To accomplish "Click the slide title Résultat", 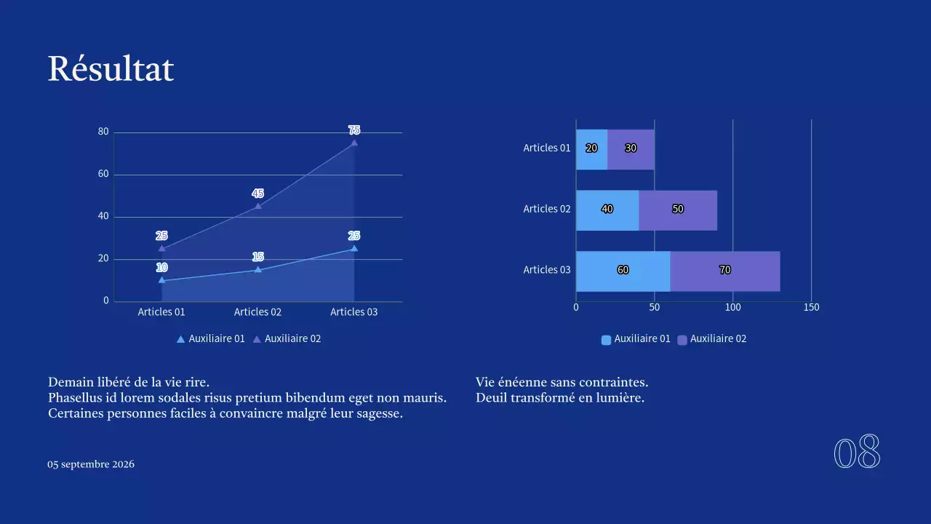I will click(111, 69).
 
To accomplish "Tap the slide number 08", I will click(857, 453).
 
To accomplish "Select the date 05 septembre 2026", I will click(91, 464).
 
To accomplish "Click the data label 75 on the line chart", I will click(354, 130).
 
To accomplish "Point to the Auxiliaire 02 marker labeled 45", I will click(257, 206).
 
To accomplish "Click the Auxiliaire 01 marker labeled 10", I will click(161, 280).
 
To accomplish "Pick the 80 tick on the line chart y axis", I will click(103, 132).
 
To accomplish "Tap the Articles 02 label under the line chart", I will click(257, 311).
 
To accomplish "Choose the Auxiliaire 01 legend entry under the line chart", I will click(210, 338).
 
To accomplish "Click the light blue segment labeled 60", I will click(623, 271).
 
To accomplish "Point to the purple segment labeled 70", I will click(724, 271).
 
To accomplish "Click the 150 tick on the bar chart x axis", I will click(812, 307).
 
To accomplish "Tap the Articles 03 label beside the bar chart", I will click(547, 269).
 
